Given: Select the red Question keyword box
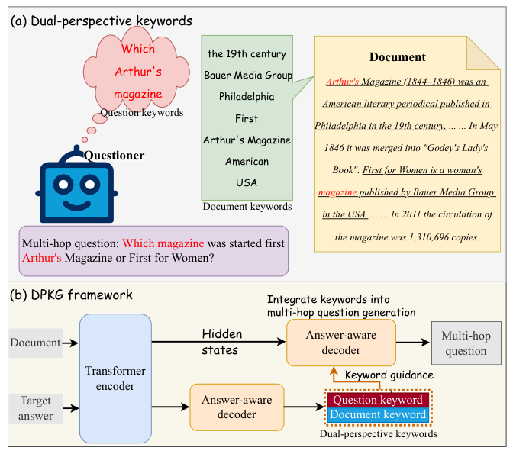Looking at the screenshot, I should [x=378, y=400].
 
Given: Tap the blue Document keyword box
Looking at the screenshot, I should [x=378, y=414].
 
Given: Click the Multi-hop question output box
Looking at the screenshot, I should [x=466, y=343].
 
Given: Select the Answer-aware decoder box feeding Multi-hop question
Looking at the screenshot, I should [x=340, y=343].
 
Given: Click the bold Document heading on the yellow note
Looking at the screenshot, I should [x=398, y=57].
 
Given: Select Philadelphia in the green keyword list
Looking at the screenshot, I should [x=247, y=97].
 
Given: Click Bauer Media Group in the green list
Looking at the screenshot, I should [x=247, y=76].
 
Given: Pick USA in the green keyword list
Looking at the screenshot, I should [x=247, y=182].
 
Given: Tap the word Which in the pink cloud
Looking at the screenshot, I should [x=138, y=49].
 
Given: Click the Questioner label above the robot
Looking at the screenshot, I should [x=114, y=156].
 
